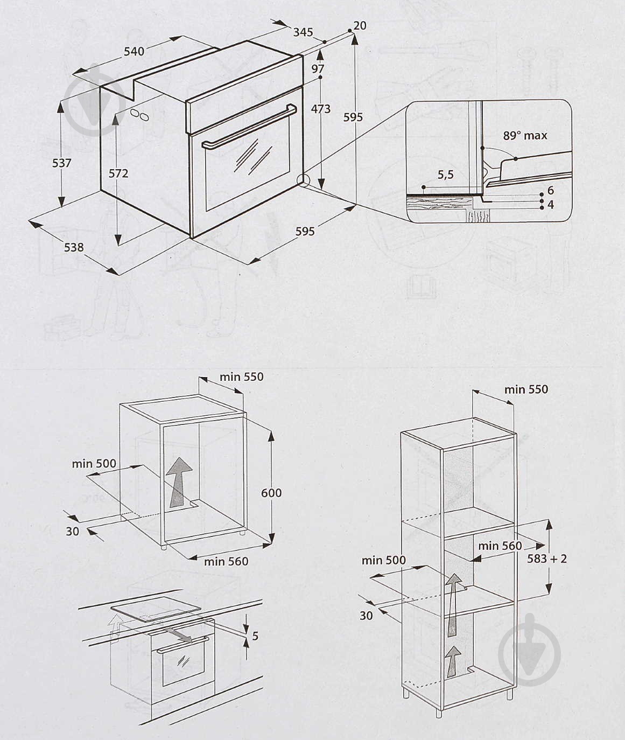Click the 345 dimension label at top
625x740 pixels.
click(303, 32)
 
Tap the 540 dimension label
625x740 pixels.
click(134, 51)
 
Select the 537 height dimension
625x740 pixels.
click(62, 162)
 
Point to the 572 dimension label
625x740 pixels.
click(118, 173)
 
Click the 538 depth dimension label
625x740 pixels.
click(74, 247)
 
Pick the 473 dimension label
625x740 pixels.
click(321, 109)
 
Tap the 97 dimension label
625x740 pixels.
click(318, 68)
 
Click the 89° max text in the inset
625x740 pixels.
click(525, 136)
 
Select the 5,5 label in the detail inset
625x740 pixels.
click(446, 174)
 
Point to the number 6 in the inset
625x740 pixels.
click(550, 190)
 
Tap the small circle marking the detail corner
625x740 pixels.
click(304, 180)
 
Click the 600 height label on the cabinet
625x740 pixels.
click(271, 492)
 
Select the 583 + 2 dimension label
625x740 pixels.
click(547, 559)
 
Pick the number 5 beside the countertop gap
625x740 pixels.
click(255, 636)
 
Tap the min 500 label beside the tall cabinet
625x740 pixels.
click(383, 560)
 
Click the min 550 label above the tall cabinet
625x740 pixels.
click(526, 389)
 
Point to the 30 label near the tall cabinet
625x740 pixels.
click(366, 615)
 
